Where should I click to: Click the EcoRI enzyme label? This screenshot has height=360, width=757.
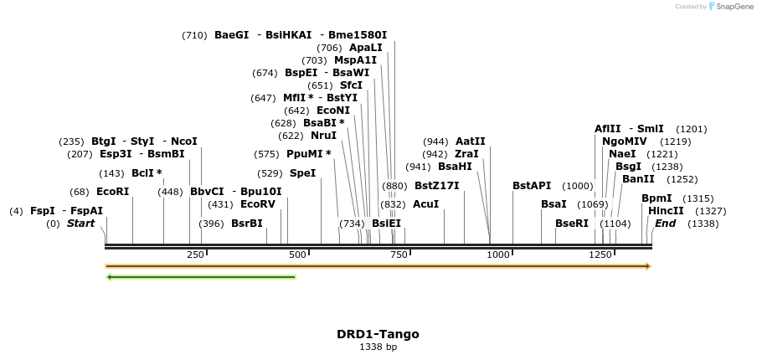tap(113, 192)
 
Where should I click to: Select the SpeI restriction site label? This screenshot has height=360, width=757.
tap(302, 173)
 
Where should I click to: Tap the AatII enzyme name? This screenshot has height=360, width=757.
tap(471, 141)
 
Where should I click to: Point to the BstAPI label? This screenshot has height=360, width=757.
tap(532, 186)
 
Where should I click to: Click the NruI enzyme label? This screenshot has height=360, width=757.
tap(323, 136)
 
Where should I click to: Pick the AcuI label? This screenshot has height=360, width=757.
tap(425, 204)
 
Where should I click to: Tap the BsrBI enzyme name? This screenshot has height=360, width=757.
tap(246, 224)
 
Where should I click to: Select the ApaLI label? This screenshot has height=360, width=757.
tap(365, 48)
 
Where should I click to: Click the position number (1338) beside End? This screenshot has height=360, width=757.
tap(703, 224)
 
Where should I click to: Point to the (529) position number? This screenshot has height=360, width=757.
tap(270, 173)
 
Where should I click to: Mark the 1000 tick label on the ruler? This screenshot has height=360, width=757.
tap(499, 255)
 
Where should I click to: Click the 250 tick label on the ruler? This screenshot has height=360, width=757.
tap(195, 255)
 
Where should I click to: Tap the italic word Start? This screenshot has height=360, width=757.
tap(80, 224)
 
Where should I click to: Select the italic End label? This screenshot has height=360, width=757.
tap(666, 224)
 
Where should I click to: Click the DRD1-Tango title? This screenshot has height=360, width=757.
tap(378, 334)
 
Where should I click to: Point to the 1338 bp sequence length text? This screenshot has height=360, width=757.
tap(378, 347)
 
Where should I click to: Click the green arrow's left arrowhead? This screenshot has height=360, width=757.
tap(109, 276)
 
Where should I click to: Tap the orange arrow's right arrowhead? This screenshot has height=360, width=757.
tap(647, 266)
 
